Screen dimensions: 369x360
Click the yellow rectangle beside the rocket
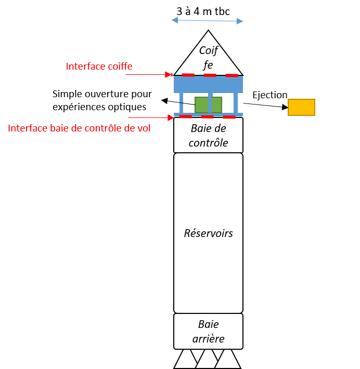click(301, 107)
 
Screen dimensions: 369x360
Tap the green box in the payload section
click(208, 104)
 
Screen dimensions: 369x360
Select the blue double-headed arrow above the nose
click(208, 20)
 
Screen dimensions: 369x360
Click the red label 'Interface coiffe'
click(99, 67)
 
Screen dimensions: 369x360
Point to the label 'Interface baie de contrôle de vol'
click(79, 128)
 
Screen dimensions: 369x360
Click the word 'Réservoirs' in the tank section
click(208, 233)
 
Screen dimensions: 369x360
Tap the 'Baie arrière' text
click(208, 332)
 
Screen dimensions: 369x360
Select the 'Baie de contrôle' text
click(208, 135)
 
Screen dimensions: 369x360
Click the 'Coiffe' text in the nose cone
click(208, 57)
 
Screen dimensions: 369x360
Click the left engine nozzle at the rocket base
click(186, 360)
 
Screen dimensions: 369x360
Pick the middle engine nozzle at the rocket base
click(207, 360)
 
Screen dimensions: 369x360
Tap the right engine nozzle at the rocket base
click(228, 360)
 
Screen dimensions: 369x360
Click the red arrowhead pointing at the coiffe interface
click(169, 75)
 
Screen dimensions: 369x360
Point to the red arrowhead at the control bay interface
click(171, 117)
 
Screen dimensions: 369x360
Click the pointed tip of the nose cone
click(209, 32)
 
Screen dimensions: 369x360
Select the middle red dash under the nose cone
click(210, 75)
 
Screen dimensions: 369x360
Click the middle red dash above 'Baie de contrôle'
click(207, 117)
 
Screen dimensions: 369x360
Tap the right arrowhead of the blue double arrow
click(240, 21)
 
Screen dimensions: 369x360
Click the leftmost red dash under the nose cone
click(188, 75)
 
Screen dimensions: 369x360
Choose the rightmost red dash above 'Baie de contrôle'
click(229, 117)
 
